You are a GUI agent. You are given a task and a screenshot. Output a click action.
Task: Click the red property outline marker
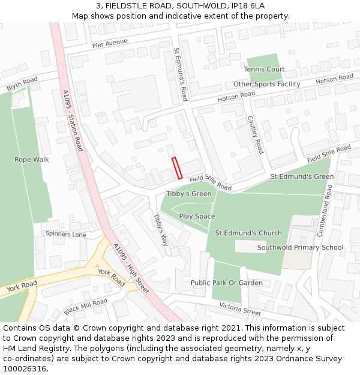tap(177, 168)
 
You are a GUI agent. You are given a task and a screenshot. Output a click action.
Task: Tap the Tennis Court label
tap(265, 70)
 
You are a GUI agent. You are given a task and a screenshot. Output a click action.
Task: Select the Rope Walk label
tap(32, 160)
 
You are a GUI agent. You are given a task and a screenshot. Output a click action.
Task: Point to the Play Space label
tap(197, 216)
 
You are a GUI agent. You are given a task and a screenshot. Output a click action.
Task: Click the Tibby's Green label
tap(188, 194)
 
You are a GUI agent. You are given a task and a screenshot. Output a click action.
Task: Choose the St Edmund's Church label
tap(248, 233)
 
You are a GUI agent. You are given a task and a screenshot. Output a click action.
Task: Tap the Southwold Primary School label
tap(300, 247)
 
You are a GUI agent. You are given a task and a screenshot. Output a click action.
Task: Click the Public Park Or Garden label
tap(226, 283)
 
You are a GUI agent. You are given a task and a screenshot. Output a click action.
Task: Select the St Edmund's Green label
tap(302, 177)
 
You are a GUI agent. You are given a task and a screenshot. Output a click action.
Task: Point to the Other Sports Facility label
tap(267, 84)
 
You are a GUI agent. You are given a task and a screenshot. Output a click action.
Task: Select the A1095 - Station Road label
tap(73, 120)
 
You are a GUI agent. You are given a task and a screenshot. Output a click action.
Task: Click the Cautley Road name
tap(256, 135)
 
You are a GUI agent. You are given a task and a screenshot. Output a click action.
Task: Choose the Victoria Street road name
tap(240, 309)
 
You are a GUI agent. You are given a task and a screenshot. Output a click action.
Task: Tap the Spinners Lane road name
tap(66, 234)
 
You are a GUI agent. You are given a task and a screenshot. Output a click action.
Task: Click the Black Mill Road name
tap(86, 307)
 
